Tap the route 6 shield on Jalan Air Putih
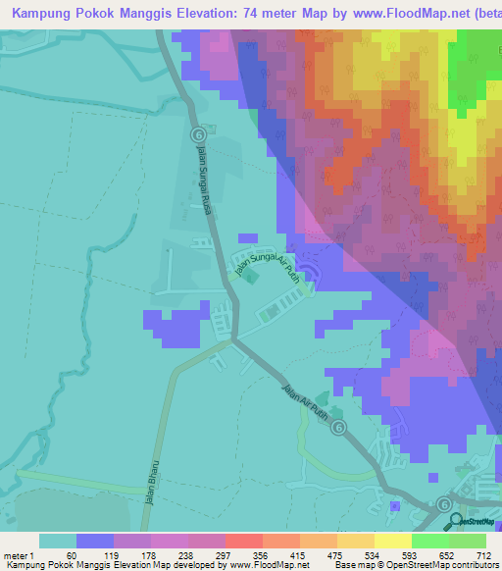338,427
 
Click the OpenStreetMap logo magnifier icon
453,521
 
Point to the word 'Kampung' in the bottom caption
23,565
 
